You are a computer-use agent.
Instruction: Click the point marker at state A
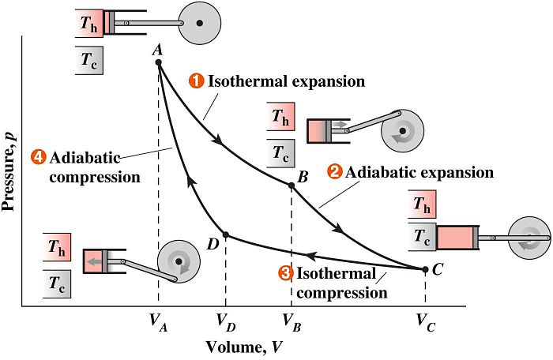click(x=158, y=62)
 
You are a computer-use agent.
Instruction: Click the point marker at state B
click(x=292, y=186)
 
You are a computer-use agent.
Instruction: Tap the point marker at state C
click(x=425, y=270)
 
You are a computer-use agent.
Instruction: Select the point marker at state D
click(x=226, y=234)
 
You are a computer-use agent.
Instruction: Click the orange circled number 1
click(x=197, y=81)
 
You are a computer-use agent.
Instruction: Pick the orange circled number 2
click(x=335, y=172)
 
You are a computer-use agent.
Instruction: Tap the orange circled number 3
click(x=286, y=274)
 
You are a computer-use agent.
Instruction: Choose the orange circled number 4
click(x=38, y=157)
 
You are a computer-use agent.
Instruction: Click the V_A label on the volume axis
click(x=158, y=323)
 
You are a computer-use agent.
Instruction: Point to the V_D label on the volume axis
click(x=226, y=323)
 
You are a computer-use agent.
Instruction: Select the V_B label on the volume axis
click(x=292, y=323)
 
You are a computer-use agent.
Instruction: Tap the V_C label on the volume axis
click(x=426, y=323)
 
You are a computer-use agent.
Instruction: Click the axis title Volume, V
click(x=244, y=347)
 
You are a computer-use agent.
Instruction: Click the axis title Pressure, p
click(x=9, y=171)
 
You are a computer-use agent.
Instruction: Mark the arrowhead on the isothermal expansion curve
click(x=219, y=140)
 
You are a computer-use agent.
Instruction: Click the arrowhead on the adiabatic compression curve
click(x=191, y=182)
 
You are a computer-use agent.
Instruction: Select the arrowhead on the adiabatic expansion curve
click(x=338, y=228)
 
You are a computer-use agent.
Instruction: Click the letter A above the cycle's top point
click(x=157, y=50)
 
